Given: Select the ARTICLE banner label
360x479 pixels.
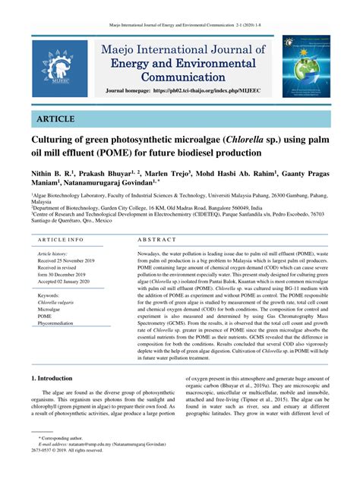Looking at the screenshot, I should click(x=53, y=119).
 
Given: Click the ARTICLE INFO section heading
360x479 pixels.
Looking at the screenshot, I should click(x=62, y=240).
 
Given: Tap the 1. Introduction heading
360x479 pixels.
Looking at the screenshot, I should click(x=52, y=377).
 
